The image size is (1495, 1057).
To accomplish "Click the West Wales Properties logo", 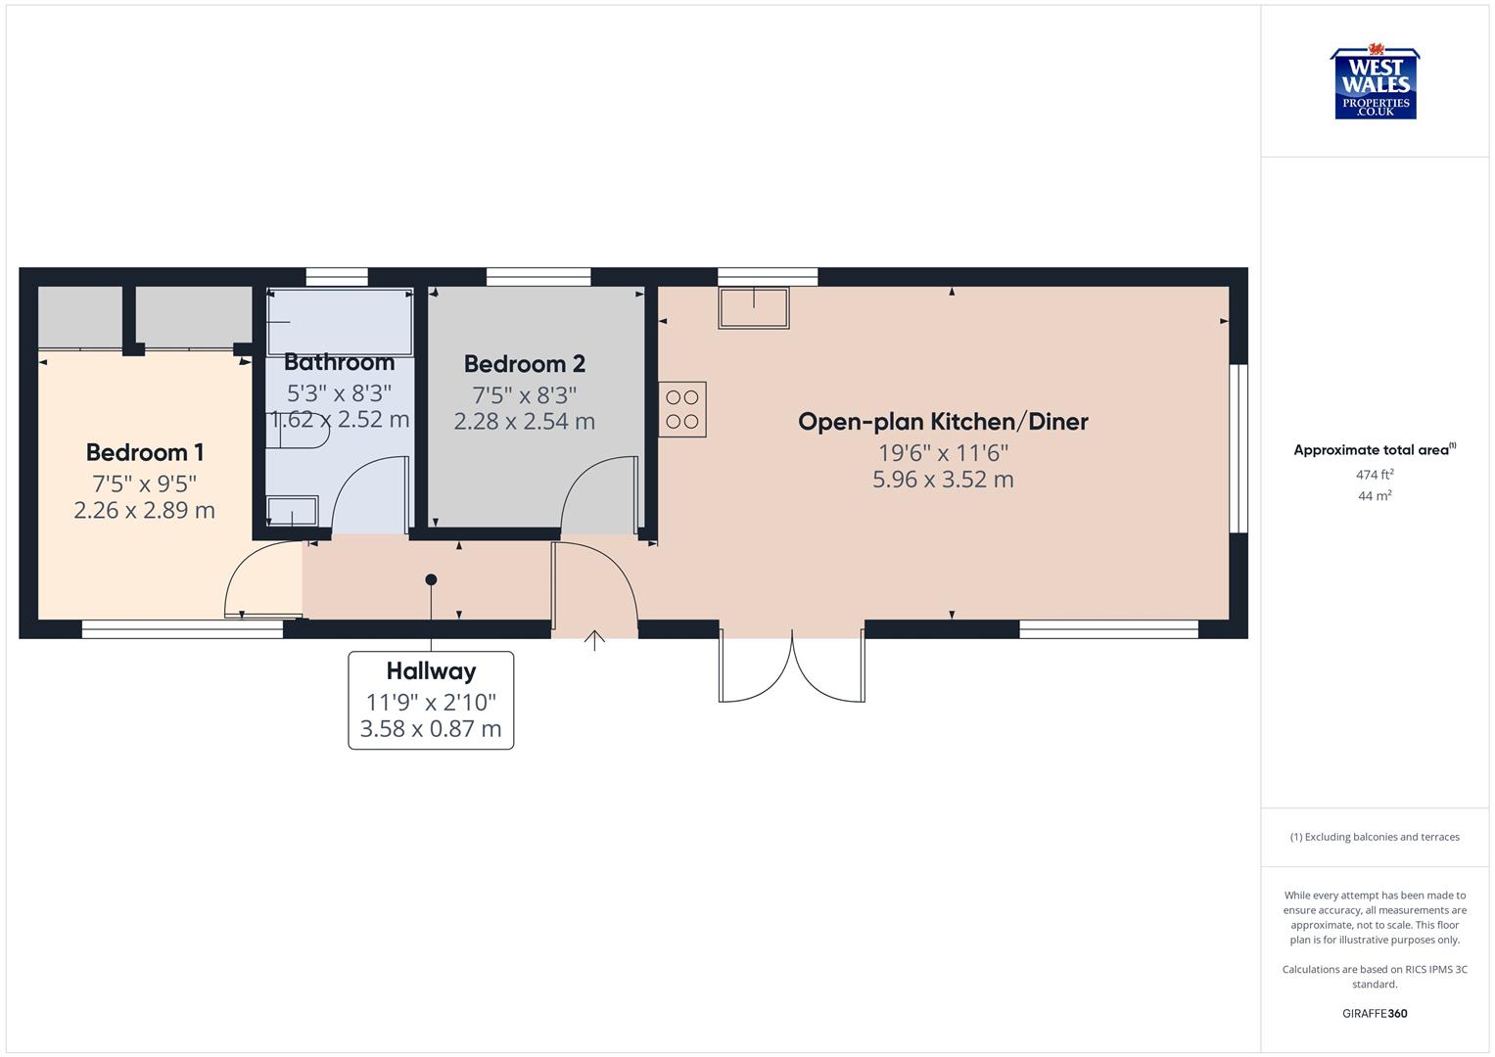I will click(x=1375, y=84).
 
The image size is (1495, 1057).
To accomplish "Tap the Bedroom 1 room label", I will click(x=145, y=452).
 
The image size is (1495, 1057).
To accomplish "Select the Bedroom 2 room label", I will click(x=525, y=364).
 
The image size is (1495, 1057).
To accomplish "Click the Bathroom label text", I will click(x=339, y=362).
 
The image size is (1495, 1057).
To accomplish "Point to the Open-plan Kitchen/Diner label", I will click(x=943, y=422).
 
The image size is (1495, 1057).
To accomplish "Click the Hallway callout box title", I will click(x=431, y=671).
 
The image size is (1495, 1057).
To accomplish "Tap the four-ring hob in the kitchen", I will click(x=682, y=409).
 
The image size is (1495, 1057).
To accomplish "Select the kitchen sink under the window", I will click(x=753, y=307).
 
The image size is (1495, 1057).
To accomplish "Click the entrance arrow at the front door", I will click(x=594, y=640).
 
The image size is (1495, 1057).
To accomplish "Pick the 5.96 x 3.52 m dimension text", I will click(x=943, y=480).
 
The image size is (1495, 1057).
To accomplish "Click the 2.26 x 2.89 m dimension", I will click(x=145, y=510).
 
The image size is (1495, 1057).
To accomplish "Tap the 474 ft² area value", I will click(x=1375, y=475).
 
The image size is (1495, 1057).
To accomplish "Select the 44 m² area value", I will click(x=1375, y=496).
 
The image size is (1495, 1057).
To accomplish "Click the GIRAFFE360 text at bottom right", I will click(x=1375, y=1013).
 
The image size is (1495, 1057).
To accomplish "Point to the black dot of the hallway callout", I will click(x=431, y=579).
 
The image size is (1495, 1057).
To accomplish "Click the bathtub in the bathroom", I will click(x=340, y=322).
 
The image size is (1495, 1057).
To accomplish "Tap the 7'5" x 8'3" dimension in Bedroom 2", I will click(x=525, y=395).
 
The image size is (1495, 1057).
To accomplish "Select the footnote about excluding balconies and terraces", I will click(x=1375, y=837).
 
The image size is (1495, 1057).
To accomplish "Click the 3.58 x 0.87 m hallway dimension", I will click(x=431, y=729).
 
